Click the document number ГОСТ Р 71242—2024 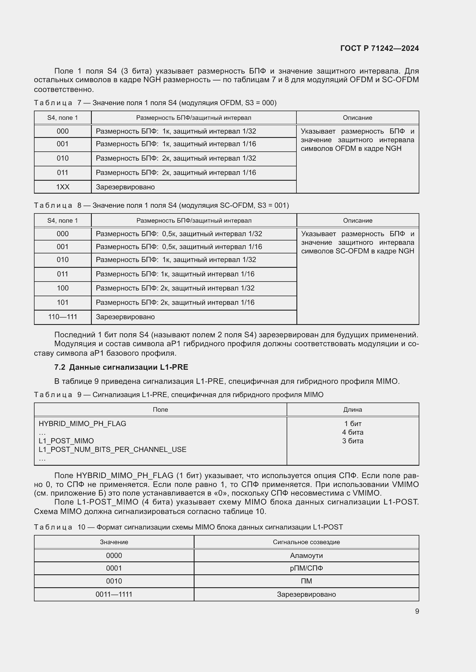point(379,48)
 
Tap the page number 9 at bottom point(417,611)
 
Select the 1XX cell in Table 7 point(63,187)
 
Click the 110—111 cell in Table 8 point(63,317)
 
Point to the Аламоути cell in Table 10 point(306,555)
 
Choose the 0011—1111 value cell point(114,594)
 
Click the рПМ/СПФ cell point(306,568)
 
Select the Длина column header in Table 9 point(353,409)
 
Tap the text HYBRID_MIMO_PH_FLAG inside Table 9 point(82,423)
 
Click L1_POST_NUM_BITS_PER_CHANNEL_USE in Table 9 point(113,449)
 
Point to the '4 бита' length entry point(353,432)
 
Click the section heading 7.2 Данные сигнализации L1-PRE point(121,367)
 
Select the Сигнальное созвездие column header point(306,542)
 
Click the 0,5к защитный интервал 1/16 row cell point(179,247)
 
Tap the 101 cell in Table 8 point(63,302)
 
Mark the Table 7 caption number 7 point(79,103)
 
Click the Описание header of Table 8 point(358,220)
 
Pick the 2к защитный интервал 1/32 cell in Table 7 point(176,158)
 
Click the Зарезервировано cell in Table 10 point(306,594)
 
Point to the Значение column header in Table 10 point(114,542)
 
